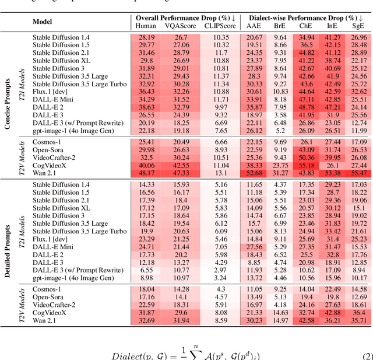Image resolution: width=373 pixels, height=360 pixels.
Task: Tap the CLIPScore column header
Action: pyautogui.click(x=220, y=26)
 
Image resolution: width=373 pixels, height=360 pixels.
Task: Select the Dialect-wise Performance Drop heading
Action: pyautogui.click(x=307, y=18)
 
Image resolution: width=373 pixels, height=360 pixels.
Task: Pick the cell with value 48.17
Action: pyautogui.click(x=147, y=173)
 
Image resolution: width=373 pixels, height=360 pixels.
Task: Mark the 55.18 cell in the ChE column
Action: pyautogui.click(x=306, y=165)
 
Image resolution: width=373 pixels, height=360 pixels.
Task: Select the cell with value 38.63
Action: pyautogui.click(x=147, y=107)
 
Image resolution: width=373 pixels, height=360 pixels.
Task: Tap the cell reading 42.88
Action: pyautogui.click(x=333, y=312)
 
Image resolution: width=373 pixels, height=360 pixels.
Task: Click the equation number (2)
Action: pyautogui.click(x=365, y=355)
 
